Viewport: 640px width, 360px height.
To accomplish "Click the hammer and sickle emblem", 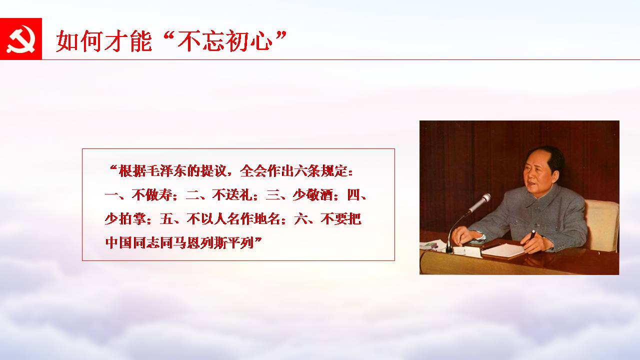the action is pos(21,39).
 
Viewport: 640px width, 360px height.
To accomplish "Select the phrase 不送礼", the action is pos(232,195).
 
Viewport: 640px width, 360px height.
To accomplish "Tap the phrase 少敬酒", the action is pos(313,195).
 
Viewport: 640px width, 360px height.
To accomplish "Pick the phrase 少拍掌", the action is pos(125,219).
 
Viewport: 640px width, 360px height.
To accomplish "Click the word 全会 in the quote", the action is pos(253,171).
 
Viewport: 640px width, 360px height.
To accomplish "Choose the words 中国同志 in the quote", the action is pos(132,243).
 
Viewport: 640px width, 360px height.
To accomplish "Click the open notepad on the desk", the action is pos(503,250).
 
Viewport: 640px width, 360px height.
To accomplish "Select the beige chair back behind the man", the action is pos(602,225).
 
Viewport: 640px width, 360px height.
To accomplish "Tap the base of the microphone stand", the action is pos(449,249).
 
